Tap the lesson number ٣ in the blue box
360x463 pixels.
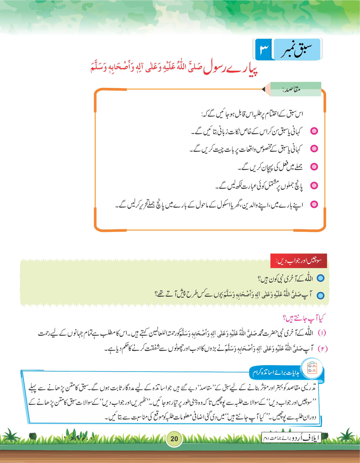click(x=264, y=49)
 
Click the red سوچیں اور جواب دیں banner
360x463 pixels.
click(x=299, y=261)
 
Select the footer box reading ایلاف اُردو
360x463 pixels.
click(x=291, y=438)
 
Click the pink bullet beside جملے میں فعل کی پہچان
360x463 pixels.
click(x=314, y=167)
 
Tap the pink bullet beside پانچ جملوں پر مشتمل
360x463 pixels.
click(x=314, y=185)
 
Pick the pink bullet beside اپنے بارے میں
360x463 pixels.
click(x=314, y=205)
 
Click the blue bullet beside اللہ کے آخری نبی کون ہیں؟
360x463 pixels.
click(x=320, y=278)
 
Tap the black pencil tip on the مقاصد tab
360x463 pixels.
click(x=264, y=89)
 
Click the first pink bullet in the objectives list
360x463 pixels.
click(x=314, y=131)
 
